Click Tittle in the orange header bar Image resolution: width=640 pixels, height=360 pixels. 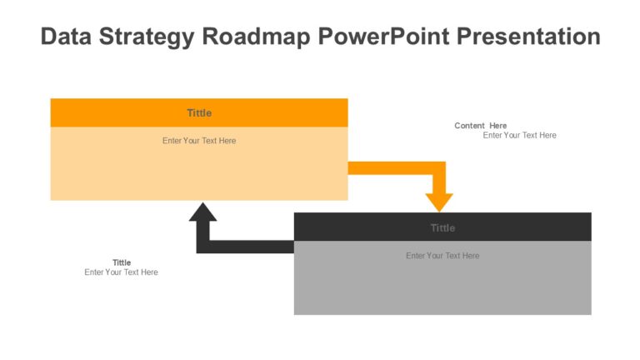[199, 112]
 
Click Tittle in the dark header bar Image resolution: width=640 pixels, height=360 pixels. [442, 227]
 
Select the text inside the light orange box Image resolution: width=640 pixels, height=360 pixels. [199, 141]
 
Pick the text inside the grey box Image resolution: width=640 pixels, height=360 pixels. [442, 256]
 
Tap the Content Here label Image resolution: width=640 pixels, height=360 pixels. [480, 126]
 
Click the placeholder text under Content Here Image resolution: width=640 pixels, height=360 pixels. [519, 135]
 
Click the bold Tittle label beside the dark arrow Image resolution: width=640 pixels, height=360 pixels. [122, 262]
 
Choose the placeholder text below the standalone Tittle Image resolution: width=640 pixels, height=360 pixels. [121, 272]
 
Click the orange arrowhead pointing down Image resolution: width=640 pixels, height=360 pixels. [439, 202]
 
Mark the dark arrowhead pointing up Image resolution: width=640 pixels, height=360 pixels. [202, 212]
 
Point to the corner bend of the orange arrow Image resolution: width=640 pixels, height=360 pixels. [439, 168]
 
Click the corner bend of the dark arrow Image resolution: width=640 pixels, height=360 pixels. [202, 247]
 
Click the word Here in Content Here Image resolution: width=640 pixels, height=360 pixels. [497, 126]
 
